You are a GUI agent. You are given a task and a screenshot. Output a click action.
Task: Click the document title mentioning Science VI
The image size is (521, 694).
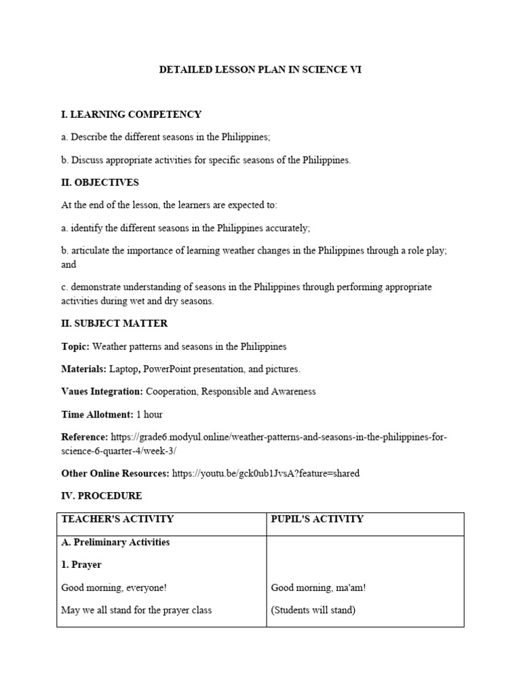pyautogui.click(x=260, y=69)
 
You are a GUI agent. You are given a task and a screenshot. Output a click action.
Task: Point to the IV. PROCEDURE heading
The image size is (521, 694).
pyautogui.click(x=101, y=495)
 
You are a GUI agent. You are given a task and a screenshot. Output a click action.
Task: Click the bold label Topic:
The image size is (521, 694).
pyautogui.click(x=75, y=346)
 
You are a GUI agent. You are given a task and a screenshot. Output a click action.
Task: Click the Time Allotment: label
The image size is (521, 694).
pyautogui.click(x=97, y=414)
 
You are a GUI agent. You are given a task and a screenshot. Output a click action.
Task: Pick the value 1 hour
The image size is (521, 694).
pyautogui.click(x=149, y=414)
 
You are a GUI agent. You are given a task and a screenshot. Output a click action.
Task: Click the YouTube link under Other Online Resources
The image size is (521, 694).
pyautogui.click(x=266, y=473)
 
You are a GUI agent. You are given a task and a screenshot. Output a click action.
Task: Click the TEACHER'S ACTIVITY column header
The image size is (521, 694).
pyautogui.click(x=117, y=519)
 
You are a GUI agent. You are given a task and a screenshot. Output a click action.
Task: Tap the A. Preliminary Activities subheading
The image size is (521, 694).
pyautogui.click(x=115, y=542)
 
